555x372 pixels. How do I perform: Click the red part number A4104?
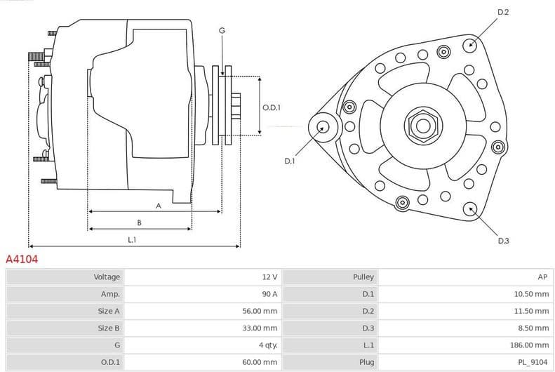tap(22, 259)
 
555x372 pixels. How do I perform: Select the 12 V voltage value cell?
tap(269, 277)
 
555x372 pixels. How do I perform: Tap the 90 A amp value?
tap(269, 294)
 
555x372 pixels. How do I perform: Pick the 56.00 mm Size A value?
tap(260, 311)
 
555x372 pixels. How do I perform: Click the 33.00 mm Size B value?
tap(260, 328)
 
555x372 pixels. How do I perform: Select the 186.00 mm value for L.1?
tap(530, 345)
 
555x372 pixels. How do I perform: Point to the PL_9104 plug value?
tap(533, 362)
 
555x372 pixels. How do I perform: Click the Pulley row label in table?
tap(363, 277)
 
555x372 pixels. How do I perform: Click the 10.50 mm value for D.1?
tap(533, 294)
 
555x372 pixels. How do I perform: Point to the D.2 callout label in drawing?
tap(503, 13)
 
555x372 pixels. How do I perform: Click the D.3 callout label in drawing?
tap(503, 241)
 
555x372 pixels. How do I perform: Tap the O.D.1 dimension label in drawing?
tap(272, 107)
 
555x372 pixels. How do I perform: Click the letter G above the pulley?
tap(222, 30)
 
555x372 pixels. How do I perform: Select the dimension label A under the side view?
tap(159, 206)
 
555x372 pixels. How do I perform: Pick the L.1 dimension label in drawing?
tap(132, 240)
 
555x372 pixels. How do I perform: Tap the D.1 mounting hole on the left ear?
tap(323, 127)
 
